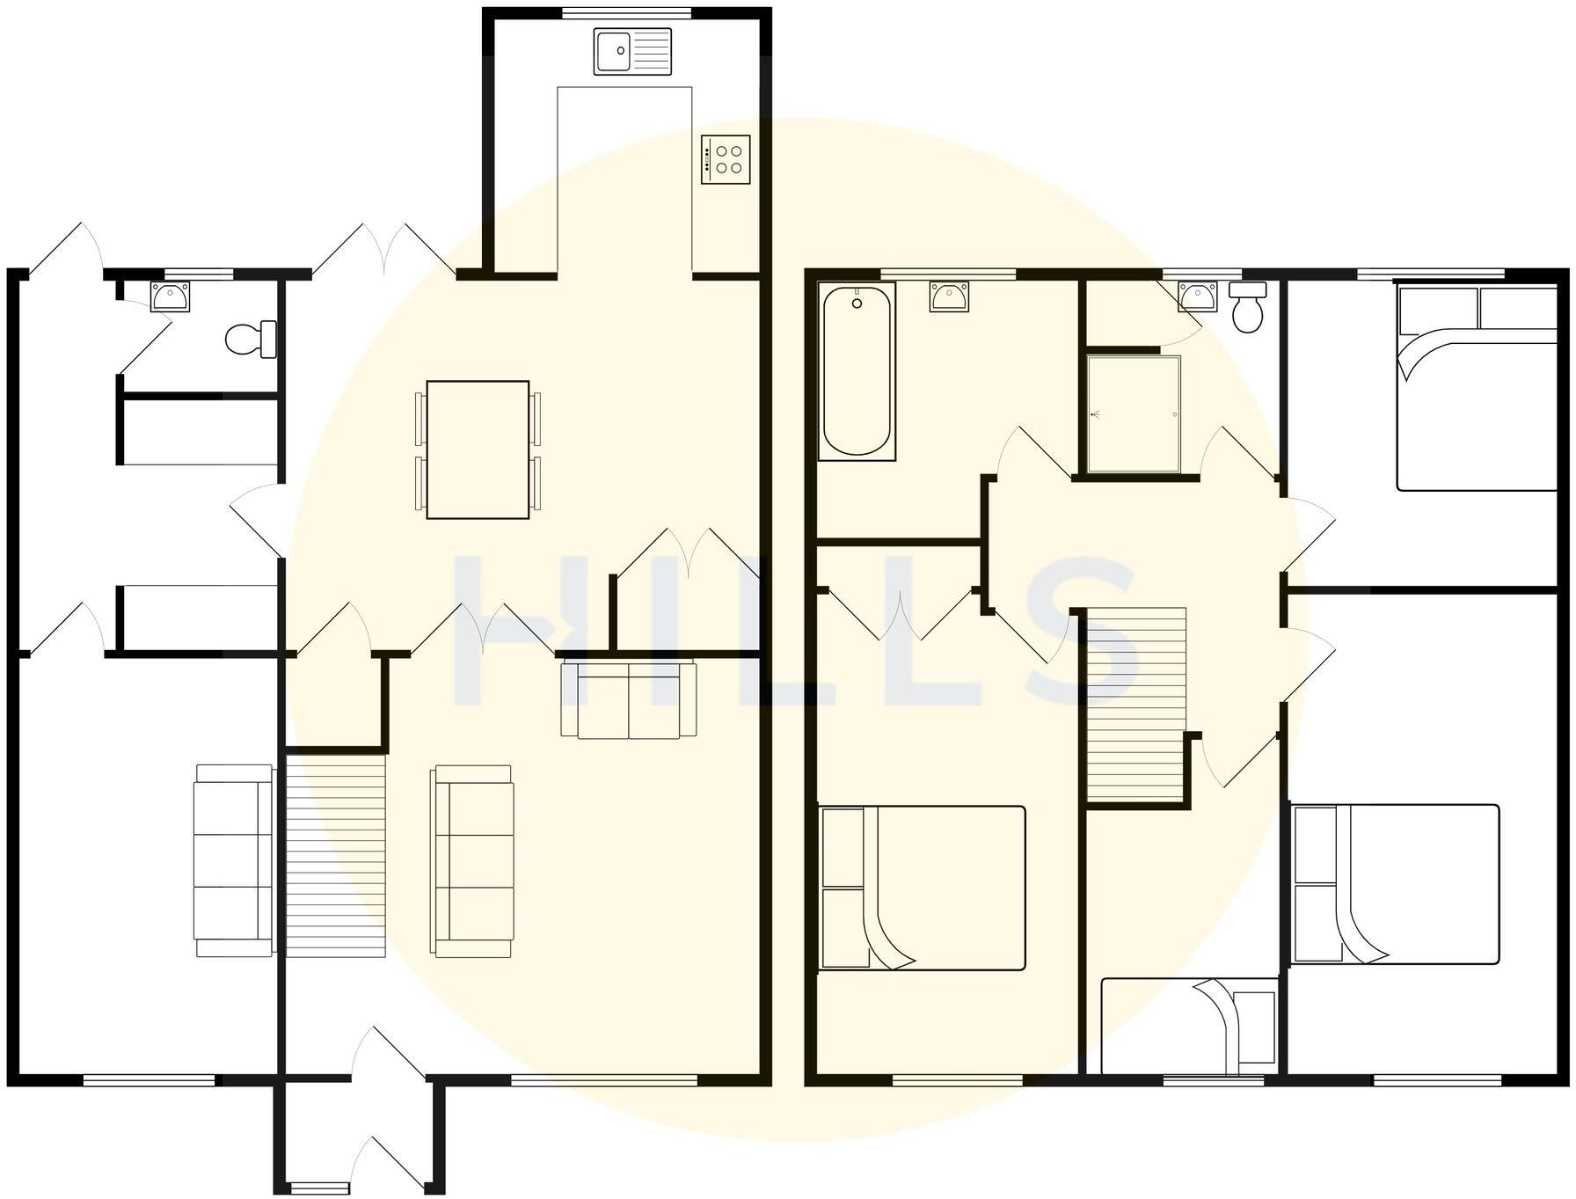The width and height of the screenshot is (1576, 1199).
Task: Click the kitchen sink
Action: click(x=632, y=51)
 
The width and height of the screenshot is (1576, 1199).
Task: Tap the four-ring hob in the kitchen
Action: click(x=726, y=159)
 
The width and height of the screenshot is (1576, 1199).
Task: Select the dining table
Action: click(x=478, y=450)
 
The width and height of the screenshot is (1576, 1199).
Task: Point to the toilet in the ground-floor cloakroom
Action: click(x=250, y=339)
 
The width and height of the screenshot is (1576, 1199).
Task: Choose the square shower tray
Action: click(x=1134, y=413)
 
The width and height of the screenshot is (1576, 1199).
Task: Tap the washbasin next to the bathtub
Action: click(x=950, y=296)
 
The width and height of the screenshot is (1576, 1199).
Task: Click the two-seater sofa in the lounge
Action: click(x=629, y=699)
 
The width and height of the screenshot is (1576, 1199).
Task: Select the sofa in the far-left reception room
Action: click(x=233, y=859)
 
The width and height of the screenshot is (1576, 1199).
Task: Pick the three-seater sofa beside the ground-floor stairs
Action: click(x=472, y=859)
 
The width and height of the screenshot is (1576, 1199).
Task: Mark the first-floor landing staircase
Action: click(x=1136, y=704)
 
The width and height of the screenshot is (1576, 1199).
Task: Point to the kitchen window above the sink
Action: click(x=627, y=12)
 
